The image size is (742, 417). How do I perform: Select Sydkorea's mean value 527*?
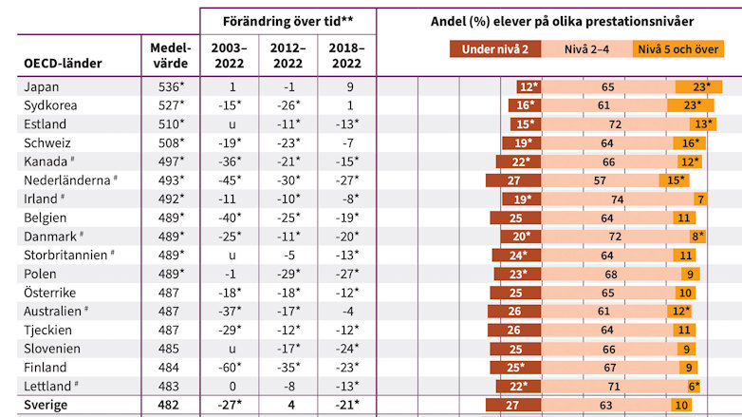click(171, 105)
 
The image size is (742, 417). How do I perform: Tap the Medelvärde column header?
click(171, 55)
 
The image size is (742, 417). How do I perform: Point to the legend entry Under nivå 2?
click(496, 49)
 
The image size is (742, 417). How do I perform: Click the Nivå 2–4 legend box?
click(587, 49)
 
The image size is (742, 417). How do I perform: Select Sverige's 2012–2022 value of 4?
click(289, 406)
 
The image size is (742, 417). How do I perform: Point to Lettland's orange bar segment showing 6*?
click(695, 386)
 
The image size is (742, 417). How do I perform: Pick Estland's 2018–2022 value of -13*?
click(347, 123)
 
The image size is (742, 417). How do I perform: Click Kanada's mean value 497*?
click(171, 161)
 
